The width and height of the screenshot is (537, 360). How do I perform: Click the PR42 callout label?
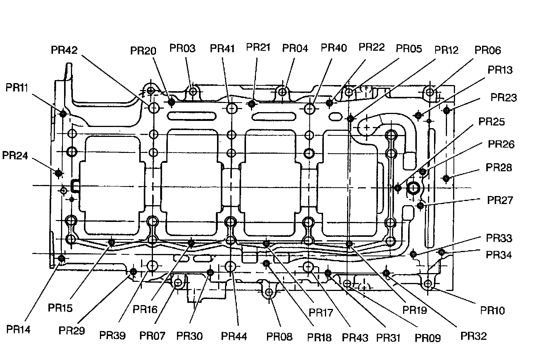[64, 50]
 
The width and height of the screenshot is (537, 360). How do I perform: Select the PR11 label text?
[17, 87]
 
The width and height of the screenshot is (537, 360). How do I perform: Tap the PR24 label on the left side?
[15, 156]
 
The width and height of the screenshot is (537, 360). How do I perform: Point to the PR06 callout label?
[487, 50]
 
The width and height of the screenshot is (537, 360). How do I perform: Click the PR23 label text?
[503, 98]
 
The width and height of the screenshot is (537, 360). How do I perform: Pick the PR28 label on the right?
[499, 168]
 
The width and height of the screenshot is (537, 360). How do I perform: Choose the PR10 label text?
[492, 310]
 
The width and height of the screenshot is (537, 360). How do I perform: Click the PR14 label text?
[19, 329]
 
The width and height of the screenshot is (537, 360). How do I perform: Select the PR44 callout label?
[234, 336]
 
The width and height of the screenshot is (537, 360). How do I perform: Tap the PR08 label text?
[279, 337]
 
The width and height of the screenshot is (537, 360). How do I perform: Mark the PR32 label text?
[474, 336]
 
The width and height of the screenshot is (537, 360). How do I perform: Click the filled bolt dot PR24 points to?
[58, 173]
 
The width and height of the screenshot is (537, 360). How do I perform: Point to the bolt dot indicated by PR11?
[63, 113]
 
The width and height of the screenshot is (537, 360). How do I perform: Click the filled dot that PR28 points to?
[446, 178]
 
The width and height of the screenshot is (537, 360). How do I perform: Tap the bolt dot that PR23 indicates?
[447, 111]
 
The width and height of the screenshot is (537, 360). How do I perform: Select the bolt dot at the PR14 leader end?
[61, 259]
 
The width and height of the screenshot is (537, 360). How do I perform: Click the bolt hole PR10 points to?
[428, 283]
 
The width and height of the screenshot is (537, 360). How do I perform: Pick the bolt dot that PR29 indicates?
[133, 272]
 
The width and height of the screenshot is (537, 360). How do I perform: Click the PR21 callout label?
[258, 47]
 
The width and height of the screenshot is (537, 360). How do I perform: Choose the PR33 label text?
[499, 238]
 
